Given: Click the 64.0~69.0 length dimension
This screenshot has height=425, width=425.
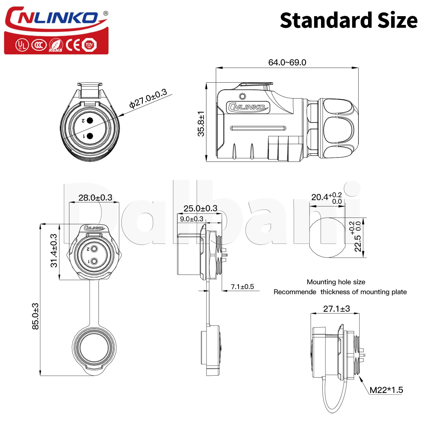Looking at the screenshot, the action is coord(287,62).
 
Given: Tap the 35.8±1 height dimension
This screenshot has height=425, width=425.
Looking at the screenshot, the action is coord(201,124).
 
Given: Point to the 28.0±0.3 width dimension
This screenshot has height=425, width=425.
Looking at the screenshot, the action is coord(95,197).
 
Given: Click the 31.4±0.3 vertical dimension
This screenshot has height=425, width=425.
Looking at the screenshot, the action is coord(54,250).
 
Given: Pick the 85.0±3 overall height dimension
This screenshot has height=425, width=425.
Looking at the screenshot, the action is coord(35,316).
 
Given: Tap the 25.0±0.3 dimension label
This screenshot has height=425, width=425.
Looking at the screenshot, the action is coord(200,209).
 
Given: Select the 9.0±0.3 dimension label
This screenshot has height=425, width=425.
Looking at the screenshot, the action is coord(192,219).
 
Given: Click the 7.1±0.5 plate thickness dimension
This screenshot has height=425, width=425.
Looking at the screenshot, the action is coord(242,287).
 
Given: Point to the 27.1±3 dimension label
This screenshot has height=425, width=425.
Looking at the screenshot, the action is coord(337,309).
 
